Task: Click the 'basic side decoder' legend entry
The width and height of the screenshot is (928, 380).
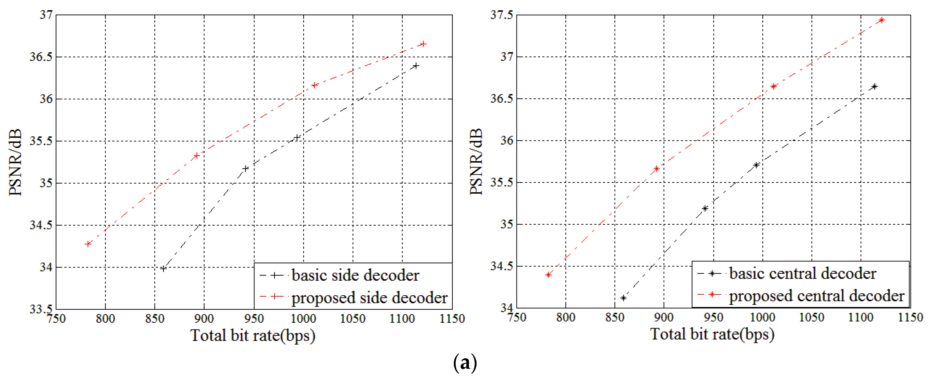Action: [355, 276]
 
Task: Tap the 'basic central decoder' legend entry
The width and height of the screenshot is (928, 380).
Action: [802, 274]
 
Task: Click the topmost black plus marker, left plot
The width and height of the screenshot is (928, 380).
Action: [416, 66]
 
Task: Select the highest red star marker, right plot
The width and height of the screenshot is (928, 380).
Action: [881, 20]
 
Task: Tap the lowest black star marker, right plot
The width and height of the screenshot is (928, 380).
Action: [623, 298]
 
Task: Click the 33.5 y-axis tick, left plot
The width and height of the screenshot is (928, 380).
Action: [41, 309]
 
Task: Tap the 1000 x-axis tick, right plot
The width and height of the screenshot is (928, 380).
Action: [762, 318]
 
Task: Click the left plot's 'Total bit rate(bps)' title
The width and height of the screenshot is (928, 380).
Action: [253, 336]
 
